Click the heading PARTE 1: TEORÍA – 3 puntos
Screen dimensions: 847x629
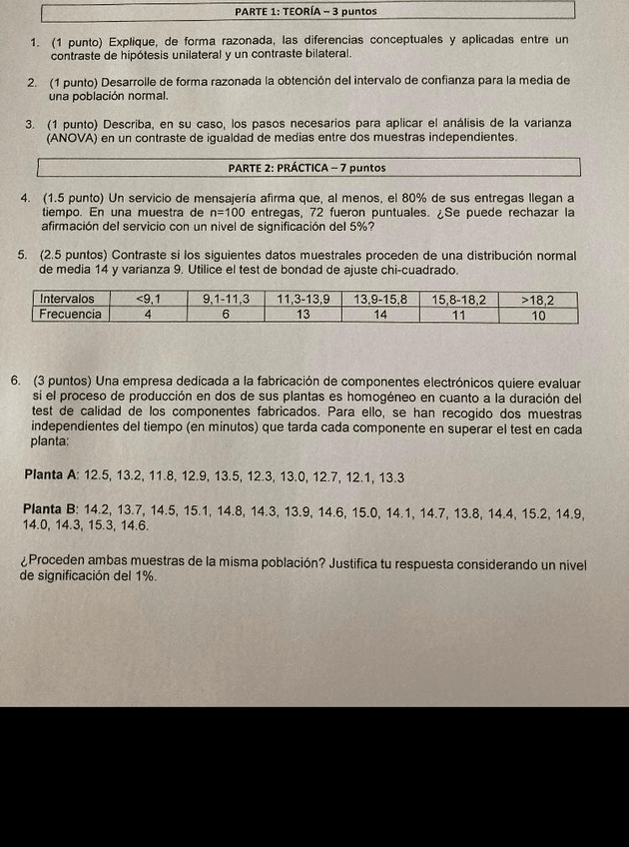308,11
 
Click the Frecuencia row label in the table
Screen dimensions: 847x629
71,314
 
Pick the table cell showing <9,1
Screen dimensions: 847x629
149,299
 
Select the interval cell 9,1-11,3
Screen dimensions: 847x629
227,299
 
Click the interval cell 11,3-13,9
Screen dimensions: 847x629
303,299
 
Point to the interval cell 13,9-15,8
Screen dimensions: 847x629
380,299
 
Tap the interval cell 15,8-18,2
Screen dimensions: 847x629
459,299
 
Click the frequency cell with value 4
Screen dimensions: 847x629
148,314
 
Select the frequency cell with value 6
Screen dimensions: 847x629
226,314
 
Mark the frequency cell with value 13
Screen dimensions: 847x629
303,314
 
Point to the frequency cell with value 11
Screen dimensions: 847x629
459,314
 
